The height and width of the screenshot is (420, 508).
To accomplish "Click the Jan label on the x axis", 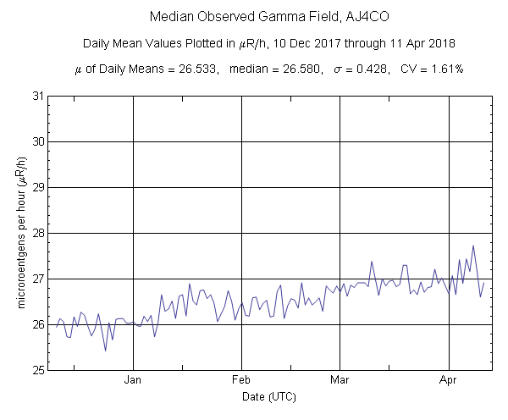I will click(x=133, y=380).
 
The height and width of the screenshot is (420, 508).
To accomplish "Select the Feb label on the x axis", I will click(x=241, y=380).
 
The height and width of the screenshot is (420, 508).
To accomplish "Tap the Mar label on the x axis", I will click(x=340, y=380).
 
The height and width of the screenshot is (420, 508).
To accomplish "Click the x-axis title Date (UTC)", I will click(x=268, y=395).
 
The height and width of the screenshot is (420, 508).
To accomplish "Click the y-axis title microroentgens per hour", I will click(x=19, y=233).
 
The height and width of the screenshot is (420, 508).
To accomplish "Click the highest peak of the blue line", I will click(x=473, y=246).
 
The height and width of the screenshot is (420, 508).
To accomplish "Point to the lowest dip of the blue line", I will click(x=105, y=351).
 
